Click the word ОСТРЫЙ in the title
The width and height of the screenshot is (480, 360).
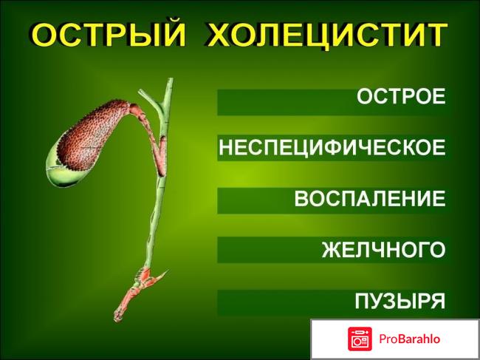pos(106,35)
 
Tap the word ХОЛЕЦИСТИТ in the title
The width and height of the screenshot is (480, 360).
pos(326,35)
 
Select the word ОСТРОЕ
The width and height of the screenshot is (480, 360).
pos(401,97)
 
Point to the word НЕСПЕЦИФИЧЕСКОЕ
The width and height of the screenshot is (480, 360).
pos(332,148)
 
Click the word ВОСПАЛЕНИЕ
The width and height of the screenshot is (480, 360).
pos(369,199)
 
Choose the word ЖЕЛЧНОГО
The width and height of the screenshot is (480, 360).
pos(383,250)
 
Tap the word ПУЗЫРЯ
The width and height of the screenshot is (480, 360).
pos(400,301)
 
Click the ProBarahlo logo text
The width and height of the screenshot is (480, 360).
pos(410,339)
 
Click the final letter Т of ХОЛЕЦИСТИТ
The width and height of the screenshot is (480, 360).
pos(436,35)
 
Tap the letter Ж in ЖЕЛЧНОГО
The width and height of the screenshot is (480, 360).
pos(332,250)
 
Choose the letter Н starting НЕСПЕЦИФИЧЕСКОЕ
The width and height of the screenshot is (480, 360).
pos(227,148)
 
